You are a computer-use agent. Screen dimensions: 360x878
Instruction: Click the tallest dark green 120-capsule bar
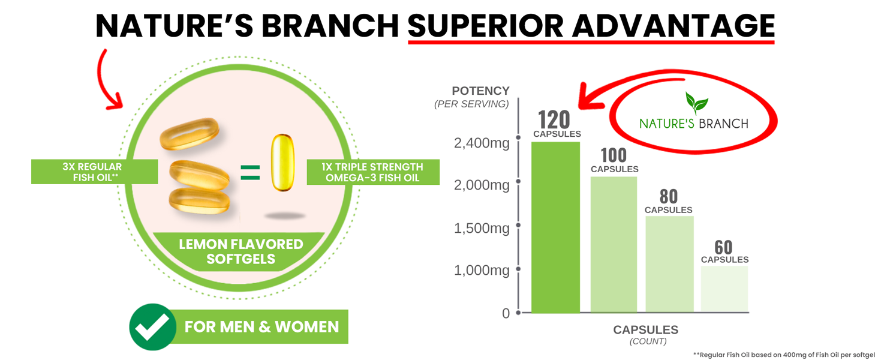[x=555, y=228]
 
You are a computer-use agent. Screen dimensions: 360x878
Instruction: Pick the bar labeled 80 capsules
[x=669, y=264]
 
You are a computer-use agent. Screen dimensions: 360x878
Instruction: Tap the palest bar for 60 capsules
[x=724, y=289]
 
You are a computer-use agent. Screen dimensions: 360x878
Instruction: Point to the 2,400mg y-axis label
[x=482, y=143]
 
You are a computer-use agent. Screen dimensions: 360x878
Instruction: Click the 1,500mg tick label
[x=482, y=228]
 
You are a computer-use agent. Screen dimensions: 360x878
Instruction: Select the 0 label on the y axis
[x=506, y=313]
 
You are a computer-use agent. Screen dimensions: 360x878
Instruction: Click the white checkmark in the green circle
[x=152, y=327]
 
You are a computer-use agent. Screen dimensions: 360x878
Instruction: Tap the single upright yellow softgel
[x=282, y=163]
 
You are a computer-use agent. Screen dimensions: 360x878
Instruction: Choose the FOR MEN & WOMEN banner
[x=261, y=327]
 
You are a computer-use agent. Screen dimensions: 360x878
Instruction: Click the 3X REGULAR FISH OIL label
[x=94, y=172]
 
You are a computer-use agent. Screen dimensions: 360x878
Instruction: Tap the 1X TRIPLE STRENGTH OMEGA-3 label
[x=374, y=172]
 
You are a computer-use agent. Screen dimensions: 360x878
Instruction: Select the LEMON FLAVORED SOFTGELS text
[x=241, y=251]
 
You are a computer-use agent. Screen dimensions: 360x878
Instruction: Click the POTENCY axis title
[x=480, y=91]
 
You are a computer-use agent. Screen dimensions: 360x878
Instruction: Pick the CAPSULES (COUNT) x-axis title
[x=645, y=334]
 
